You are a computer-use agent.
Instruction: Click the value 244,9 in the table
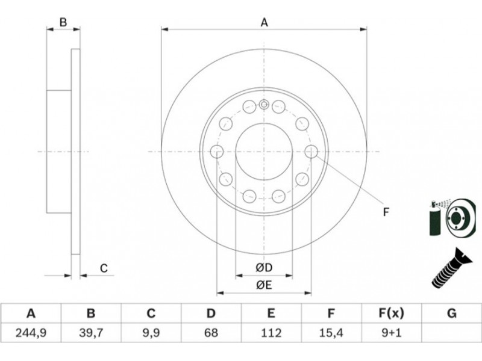tap(31, 333)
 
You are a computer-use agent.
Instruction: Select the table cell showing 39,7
tap(91, 333)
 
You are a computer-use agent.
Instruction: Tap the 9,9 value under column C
tap(151, 333)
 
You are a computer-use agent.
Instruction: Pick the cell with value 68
tap(211, 333)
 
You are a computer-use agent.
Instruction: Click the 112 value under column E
tap(271, 333)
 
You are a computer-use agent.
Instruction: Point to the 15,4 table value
tap(331, 333)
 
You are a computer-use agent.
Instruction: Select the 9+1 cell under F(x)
tap(391, 333)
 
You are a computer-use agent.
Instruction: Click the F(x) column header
tap(391, 313)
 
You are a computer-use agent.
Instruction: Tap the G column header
tap(451, 313)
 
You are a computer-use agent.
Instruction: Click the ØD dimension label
tap(264, 268)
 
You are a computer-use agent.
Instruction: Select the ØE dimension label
tap(264, 285)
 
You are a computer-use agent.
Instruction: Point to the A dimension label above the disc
tap(264, 22)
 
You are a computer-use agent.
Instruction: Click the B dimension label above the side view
tap(63, 22)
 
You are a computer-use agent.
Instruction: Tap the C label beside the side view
tap(104, 268)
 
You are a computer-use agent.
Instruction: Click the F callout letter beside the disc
tap(386, 212)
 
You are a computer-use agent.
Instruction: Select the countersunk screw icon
tap(451, 268)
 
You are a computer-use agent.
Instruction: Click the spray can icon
tap(435, 218)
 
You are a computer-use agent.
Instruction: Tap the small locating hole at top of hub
tap(264, 105)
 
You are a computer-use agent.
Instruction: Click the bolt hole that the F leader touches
tap(311, 151)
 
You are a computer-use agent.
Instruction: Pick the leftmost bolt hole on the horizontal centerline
tap(217, 152)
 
